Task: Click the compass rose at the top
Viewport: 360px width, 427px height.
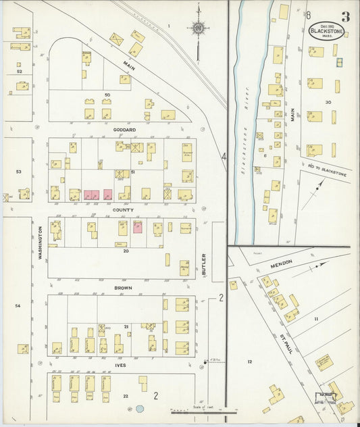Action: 198,28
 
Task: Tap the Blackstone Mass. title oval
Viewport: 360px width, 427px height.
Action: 326,31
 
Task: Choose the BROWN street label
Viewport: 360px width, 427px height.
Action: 123,288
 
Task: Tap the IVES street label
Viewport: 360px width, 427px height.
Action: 121,365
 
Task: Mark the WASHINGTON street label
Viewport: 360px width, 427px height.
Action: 41,243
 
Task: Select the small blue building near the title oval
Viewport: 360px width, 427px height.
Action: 340,62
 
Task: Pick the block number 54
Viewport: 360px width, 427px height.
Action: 18,306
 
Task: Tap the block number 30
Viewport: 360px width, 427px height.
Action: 328,102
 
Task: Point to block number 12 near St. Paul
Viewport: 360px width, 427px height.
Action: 249,362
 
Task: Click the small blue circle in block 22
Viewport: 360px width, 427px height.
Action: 139,408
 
